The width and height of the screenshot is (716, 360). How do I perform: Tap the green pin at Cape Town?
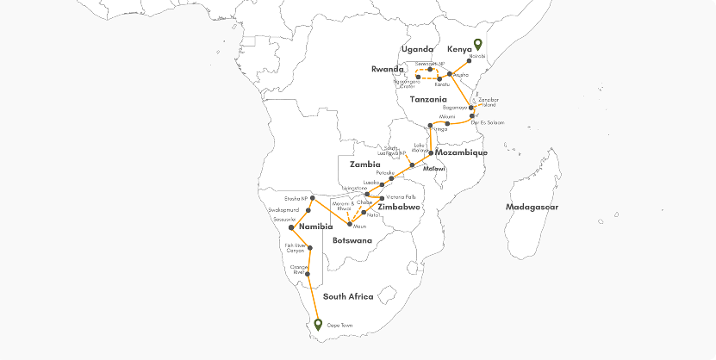point(318,324)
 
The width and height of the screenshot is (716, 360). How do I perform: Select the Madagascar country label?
point(532,207)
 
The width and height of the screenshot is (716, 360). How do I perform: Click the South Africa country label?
point(348,296)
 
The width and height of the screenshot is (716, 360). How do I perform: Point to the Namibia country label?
point(299,227)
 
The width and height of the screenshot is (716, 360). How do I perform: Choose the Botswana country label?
point(352,239)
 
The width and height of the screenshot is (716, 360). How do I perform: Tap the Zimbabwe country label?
point(399,208)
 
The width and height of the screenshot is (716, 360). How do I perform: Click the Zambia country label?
point(364,164)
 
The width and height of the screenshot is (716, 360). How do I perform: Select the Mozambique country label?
point(462,152)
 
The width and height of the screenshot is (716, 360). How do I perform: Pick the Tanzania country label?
point(428,101)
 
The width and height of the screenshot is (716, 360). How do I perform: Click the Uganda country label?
point(417,49)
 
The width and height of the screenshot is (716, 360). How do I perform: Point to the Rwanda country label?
point(388,69)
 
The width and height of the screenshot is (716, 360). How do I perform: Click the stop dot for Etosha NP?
point(312,199)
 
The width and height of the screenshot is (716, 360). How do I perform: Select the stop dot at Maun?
point(349,225)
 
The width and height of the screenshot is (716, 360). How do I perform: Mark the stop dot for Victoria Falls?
point(382,198)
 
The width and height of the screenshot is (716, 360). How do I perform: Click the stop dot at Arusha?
point(450,75)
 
